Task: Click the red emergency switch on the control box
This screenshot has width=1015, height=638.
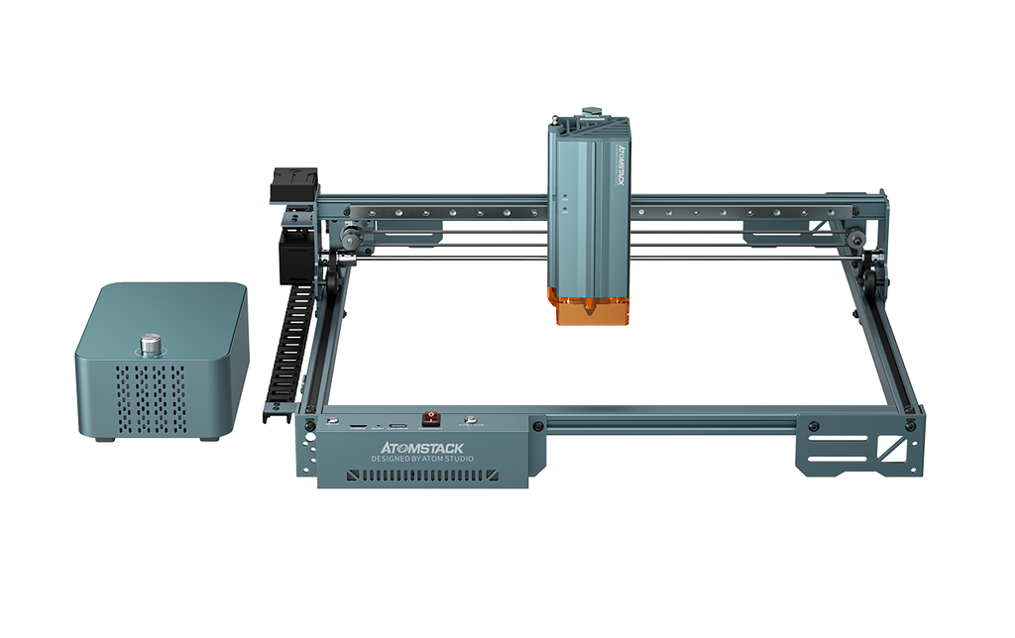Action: (x=431, y=419)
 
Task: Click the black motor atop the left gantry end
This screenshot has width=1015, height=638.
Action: (x=294, y=184)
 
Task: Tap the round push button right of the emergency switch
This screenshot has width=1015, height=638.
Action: (x=475, y=421)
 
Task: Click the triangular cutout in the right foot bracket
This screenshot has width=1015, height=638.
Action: (x=896, y=454)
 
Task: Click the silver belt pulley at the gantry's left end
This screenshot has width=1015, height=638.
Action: (x=349, y=236)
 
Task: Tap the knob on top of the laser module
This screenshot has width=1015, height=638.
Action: (x=590, y=107)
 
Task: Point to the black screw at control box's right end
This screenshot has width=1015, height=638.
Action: (x=536, y=426)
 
